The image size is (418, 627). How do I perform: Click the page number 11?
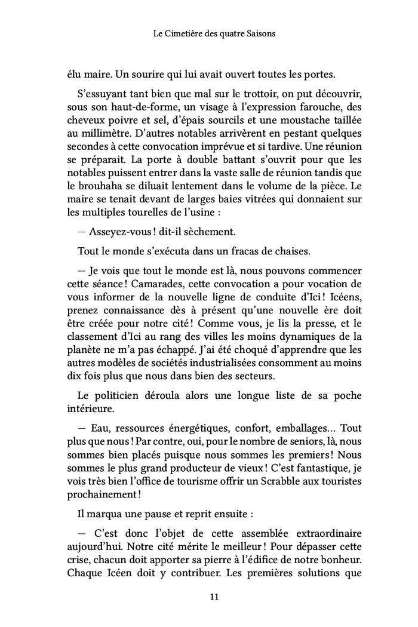click(209, 596)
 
